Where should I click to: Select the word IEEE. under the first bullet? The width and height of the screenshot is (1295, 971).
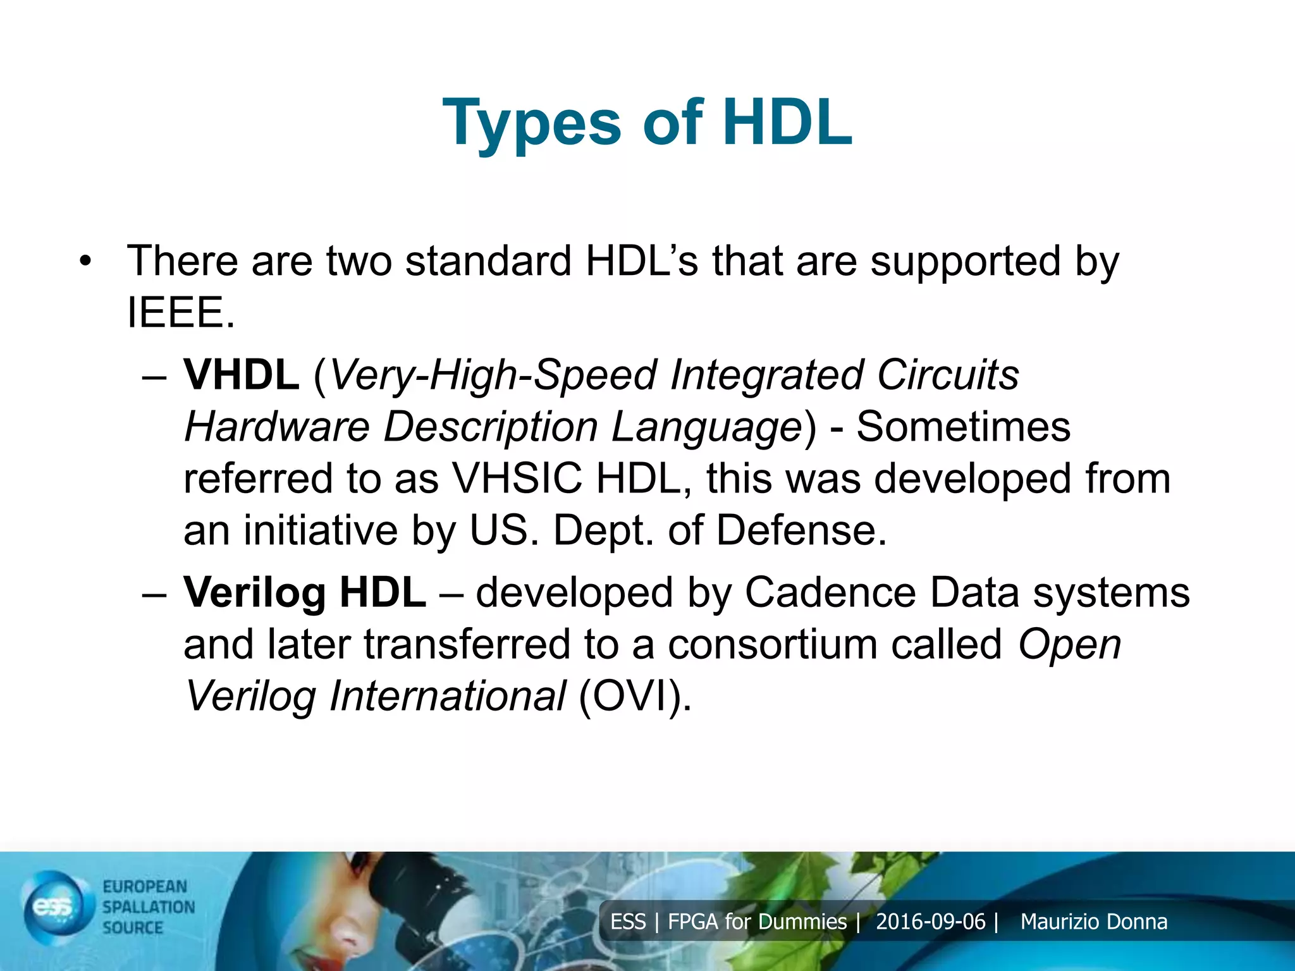(180, 313)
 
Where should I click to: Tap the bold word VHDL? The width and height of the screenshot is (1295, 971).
(241, 375)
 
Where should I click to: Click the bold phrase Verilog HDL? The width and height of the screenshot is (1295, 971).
(304, 593)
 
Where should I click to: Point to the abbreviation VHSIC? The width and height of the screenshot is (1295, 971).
(517, 479)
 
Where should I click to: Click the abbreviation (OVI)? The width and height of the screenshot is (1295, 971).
(635, 696)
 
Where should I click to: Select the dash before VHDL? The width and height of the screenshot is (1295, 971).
(154, 377)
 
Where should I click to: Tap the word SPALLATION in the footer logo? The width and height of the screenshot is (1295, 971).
(149, 907)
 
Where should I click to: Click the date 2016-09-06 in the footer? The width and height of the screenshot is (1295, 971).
(930, 922)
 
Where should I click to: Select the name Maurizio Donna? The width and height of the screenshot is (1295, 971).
(1093, 922)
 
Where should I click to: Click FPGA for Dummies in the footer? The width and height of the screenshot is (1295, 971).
(757, 922)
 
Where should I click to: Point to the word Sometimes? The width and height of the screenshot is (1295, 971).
(963, 427)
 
